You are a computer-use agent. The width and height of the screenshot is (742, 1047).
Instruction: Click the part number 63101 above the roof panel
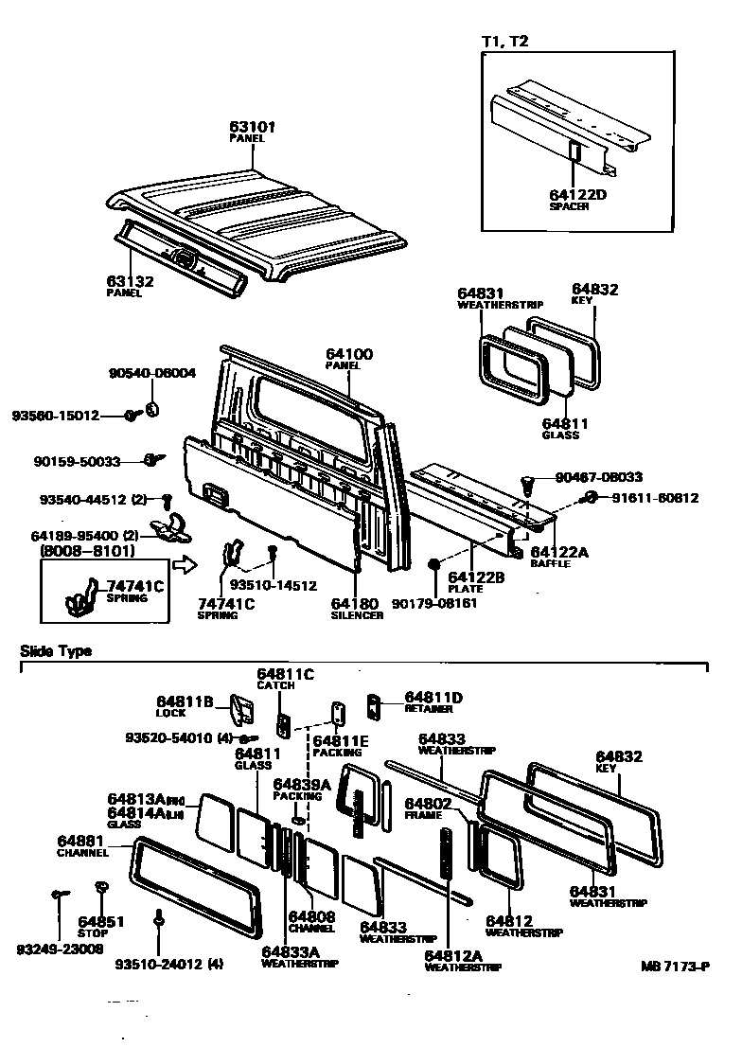click(252, 125)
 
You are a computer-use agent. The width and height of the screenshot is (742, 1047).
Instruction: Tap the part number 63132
click(131, 281)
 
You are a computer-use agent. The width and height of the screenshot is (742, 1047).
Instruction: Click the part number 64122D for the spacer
click(577, 194)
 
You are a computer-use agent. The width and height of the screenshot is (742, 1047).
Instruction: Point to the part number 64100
click(349, 354)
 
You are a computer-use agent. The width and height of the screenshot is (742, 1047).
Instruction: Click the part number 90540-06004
click(151, 373)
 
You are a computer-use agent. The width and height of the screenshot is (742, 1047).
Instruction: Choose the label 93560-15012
click(55, 415)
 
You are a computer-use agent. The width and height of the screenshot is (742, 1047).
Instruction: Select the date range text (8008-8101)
click(87, 550)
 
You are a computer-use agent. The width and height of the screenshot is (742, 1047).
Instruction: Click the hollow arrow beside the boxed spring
click(188, 566)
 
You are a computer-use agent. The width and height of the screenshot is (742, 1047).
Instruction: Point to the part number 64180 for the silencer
click(355, 603)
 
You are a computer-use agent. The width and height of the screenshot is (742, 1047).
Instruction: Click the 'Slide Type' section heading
click(56, 651)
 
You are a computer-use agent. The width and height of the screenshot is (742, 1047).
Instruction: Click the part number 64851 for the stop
click(101, 921)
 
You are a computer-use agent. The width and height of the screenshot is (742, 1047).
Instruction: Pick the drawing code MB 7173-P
click(673, 967)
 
